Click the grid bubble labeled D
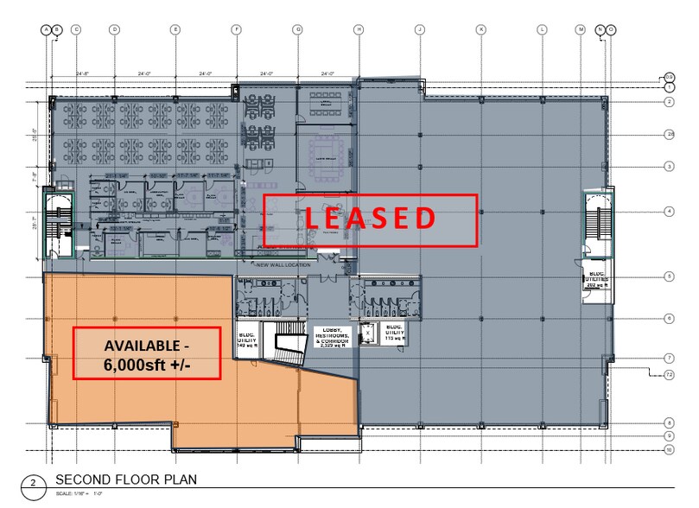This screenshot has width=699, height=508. pos(114,29)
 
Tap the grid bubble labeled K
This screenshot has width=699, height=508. pos(480,29)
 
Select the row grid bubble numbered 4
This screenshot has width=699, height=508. pos(670,211)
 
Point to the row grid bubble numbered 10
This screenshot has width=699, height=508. pos(670,450)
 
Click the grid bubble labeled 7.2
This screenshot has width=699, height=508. pos(670,374)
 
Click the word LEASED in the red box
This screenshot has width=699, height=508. pos(370,218)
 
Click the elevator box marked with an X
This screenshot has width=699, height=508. pos(368,331)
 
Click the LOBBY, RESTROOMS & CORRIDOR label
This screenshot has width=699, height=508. pos(332,336)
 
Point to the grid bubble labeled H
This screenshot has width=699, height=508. pos(358,29)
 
